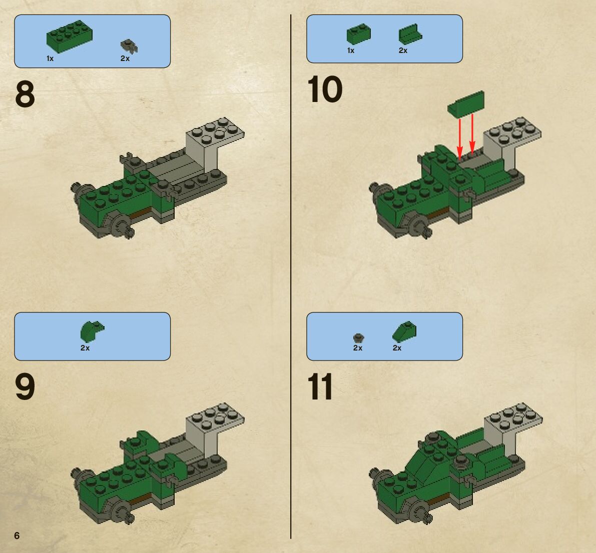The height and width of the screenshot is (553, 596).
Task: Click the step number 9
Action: [x=25, y=386]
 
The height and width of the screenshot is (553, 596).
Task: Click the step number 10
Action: [x=324, y=89]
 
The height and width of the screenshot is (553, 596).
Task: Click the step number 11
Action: [x=320, y=386]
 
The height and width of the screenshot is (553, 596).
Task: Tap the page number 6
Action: [x=17, y=535]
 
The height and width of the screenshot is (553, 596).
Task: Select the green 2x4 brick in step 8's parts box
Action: [x=70, y=36]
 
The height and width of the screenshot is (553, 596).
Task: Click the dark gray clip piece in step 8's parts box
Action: [x=129, y=46]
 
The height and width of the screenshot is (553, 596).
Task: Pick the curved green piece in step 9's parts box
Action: [x=92, y=331]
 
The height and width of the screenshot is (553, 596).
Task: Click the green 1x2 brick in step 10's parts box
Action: [x=358, y=34]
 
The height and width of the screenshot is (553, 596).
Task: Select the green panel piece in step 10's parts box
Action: [x=410, y=34]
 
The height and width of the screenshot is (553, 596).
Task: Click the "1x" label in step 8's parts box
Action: [x=50, y=58]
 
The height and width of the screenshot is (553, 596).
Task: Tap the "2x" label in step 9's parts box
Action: [x=85, y=348]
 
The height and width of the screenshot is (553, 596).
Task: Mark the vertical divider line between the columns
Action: [x=291, y=276]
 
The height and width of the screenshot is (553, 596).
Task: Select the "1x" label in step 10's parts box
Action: [x=351, y=50]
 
